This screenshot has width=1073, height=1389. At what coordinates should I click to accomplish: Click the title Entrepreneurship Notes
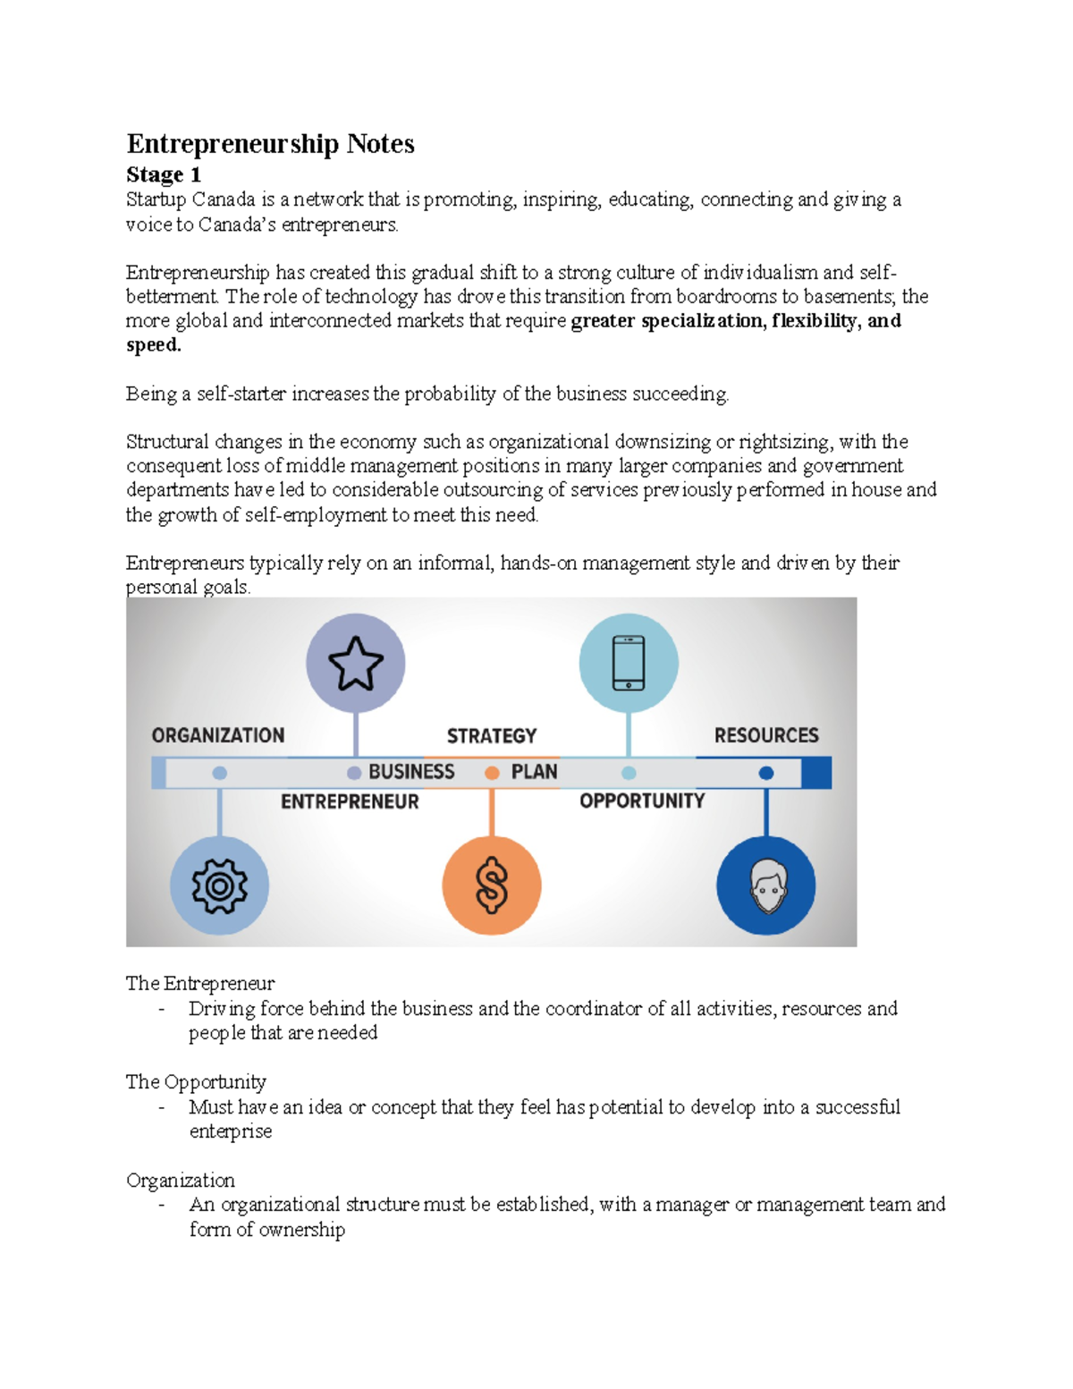pyautogui.click(x=270, y=144)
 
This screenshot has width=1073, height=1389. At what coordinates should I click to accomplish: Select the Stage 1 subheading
pyautogui.click(x=164, y=174)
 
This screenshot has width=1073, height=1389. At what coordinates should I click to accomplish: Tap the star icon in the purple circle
pyautogui.click(x=356, y=663)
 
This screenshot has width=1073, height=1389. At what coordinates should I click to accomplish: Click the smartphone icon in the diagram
pyautogui.click(x=629, y=663)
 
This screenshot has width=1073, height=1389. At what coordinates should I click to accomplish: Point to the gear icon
pyautogui.click(x=219, y=885)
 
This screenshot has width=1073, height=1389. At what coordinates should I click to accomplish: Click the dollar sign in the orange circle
pyautogui.click(x=492, y=885)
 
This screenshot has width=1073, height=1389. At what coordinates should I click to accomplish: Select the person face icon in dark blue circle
pyautogui.click(x=766, y=885)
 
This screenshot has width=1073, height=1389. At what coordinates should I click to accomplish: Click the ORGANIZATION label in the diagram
pyautogui.click(x=218, y=735)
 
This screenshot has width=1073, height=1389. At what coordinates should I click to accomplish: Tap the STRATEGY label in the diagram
pyautogui.click(x=492, y=736)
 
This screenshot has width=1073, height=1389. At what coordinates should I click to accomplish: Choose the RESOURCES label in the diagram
pyautogui.click(x=766, y=735)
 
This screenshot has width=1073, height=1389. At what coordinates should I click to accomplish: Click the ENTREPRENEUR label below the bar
pyautogui.click(x=350, y=801)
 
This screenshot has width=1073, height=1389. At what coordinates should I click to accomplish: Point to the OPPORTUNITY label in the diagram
pyautogui.click(x=642, y=800)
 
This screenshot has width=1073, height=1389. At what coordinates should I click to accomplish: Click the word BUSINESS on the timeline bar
pyautogui.click(x=411, y=772)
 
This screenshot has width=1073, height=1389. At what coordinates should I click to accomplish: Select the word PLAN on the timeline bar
pyautogui.click(x=534, y=772)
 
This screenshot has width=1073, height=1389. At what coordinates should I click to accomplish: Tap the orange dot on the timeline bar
pyautogui.click(x=492, y=773)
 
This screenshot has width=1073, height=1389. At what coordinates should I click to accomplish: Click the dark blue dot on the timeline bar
pyautogui.click(x=766, y=773)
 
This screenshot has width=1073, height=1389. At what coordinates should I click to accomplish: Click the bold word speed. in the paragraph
pyautogui.click(x=154, y=345)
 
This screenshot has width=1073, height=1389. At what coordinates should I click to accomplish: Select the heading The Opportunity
pyautogui.click(x=196, y=1082)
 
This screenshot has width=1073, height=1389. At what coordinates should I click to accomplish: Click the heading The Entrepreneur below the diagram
pyautogui.click(x=200, y=984)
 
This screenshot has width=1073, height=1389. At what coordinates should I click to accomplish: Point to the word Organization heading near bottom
pyautogui.click(x=181, y=1181)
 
